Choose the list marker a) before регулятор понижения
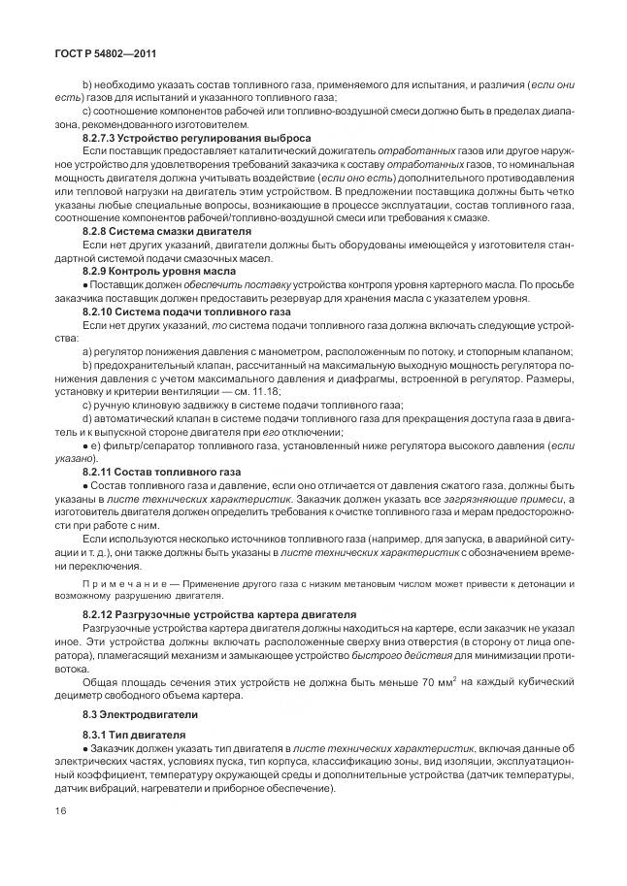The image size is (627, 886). [x=86, y=351]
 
